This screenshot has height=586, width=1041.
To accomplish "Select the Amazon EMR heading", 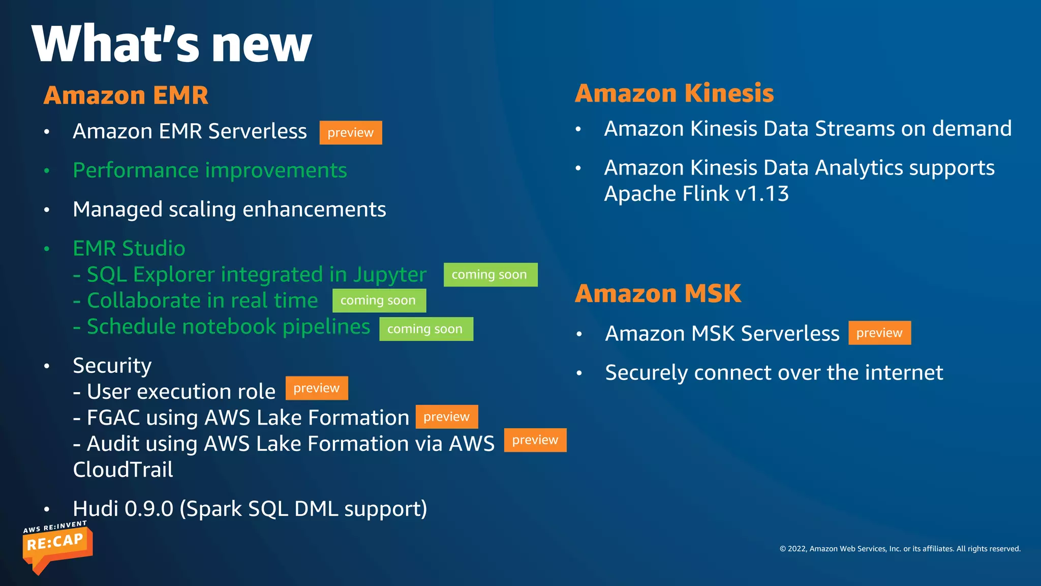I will (126, 95).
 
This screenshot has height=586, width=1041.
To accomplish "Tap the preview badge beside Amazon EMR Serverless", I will (350, 133).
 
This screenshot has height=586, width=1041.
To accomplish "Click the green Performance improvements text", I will (209, 170).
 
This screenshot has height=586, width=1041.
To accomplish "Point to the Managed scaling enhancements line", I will (229, 210).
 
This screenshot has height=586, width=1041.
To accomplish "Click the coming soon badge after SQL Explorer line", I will (490, 275).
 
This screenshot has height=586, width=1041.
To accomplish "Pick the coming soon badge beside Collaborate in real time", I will (379, 301).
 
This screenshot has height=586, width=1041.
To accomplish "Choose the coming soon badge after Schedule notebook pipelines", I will (425, 329).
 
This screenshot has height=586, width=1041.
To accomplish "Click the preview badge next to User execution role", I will (316, 388).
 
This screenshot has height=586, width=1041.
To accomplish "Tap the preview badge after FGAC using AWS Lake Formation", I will (446, 417).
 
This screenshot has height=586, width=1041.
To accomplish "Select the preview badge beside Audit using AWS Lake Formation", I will (535, 440).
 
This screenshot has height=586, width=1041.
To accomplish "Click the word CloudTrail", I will (123, 470).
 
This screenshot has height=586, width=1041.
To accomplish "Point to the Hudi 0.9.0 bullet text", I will (250, 509).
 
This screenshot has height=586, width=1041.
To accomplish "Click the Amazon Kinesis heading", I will (674, 93).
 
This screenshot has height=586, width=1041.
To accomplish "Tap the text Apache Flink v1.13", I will (696, 194).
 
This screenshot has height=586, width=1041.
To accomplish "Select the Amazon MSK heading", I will (658, 294).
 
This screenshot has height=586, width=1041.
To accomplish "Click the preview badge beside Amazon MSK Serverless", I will (879, 333).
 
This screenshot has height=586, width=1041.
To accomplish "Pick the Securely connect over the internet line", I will (774, 373).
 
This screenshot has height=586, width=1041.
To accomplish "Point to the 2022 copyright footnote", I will (900, 548).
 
